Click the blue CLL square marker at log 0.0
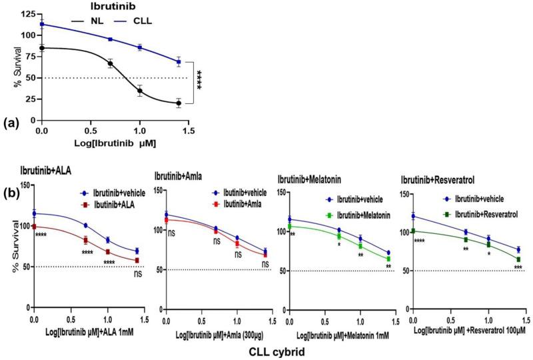point(42,24)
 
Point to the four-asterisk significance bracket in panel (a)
point(198,83)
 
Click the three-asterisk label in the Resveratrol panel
point(518,268)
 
